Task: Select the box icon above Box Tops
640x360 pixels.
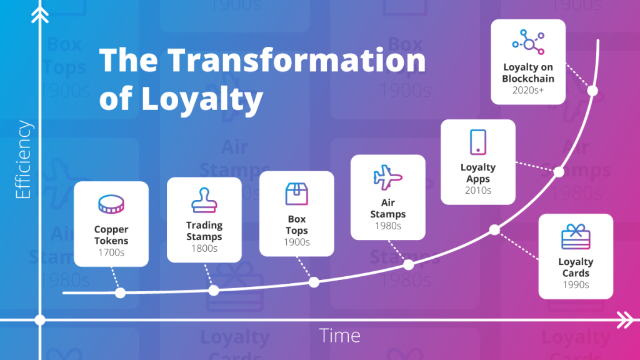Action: click(296, 194)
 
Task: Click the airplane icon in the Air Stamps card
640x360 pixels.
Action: click(387, 177)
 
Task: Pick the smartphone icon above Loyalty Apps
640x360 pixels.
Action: click(478, 142)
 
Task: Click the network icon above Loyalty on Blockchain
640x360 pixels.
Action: click(528, 42)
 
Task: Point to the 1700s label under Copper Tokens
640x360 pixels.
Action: click(111, 253)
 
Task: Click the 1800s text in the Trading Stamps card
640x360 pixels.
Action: click(204, 248)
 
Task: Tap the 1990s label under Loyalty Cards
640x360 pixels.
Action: click(576, 284)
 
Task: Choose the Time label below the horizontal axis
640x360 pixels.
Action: click(340, 336)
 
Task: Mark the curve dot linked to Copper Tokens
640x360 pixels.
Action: click(120, 292)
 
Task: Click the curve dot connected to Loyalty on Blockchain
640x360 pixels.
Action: click(593, 91)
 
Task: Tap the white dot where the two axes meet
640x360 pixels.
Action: click(40, 320)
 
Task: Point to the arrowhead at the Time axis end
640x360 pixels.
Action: click(625, 320)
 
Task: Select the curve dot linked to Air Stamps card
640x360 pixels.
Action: click(408, 264)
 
